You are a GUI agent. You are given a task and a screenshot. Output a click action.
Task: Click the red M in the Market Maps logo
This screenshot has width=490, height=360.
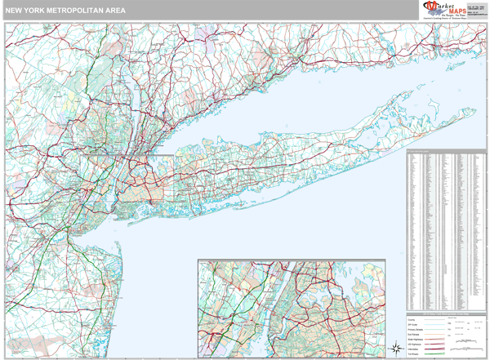(x=428, y=10)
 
